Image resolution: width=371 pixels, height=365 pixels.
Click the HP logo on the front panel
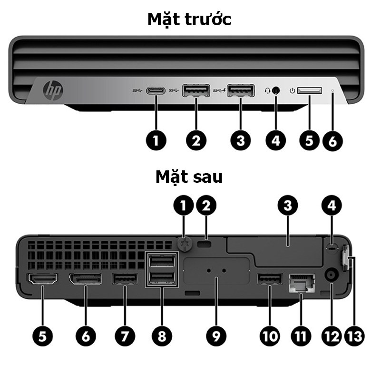pos(53,89)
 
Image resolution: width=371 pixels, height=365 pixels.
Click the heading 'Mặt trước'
pos(189,20)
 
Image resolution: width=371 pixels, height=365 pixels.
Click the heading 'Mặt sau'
pos(189,177)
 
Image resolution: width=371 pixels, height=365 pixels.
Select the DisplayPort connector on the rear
pos(86,280)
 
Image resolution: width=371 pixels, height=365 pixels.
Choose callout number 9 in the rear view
pos(216,335)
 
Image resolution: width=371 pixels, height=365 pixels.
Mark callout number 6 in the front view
pos(332,141)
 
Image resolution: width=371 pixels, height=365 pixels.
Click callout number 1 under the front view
pos(157,141)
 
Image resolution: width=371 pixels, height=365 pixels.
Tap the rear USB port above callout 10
pos(270,279)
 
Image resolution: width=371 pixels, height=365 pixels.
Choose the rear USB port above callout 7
pos(125,279)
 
